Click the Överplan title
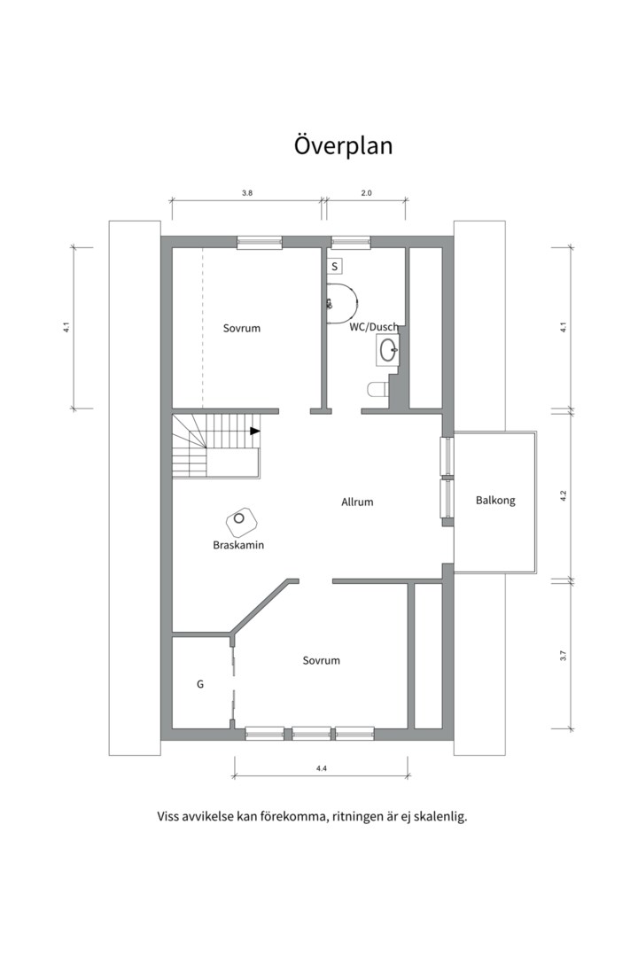pos(343,145)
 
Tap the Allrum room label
pos(357,502)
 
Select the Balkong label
pos(495,501)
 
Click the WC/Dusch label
pos(374,327)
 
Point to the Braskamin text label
pos(238,545)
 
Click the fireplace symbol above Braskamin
pos(242,519)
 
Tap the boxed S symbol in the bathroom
pos(335,267)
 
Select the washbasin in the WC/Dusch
pos(386,351)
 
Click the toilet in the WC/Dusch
pos(377,389)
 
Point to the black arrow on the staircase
pos(255,431)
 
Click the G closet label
pos(200,684)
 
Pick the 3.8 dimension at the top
pos(246,193)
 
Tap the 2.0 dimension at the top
pos(366,193)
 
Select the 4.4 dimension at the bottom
pos(321,769)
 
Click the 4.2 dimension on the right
pos(564,495)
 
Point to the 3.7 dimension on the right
pos(564,656)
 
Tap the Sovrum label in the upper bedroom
pos(242,329)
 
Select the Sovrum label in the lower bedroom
pos(321,660)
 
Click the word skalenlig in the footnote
pos(440,817)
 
